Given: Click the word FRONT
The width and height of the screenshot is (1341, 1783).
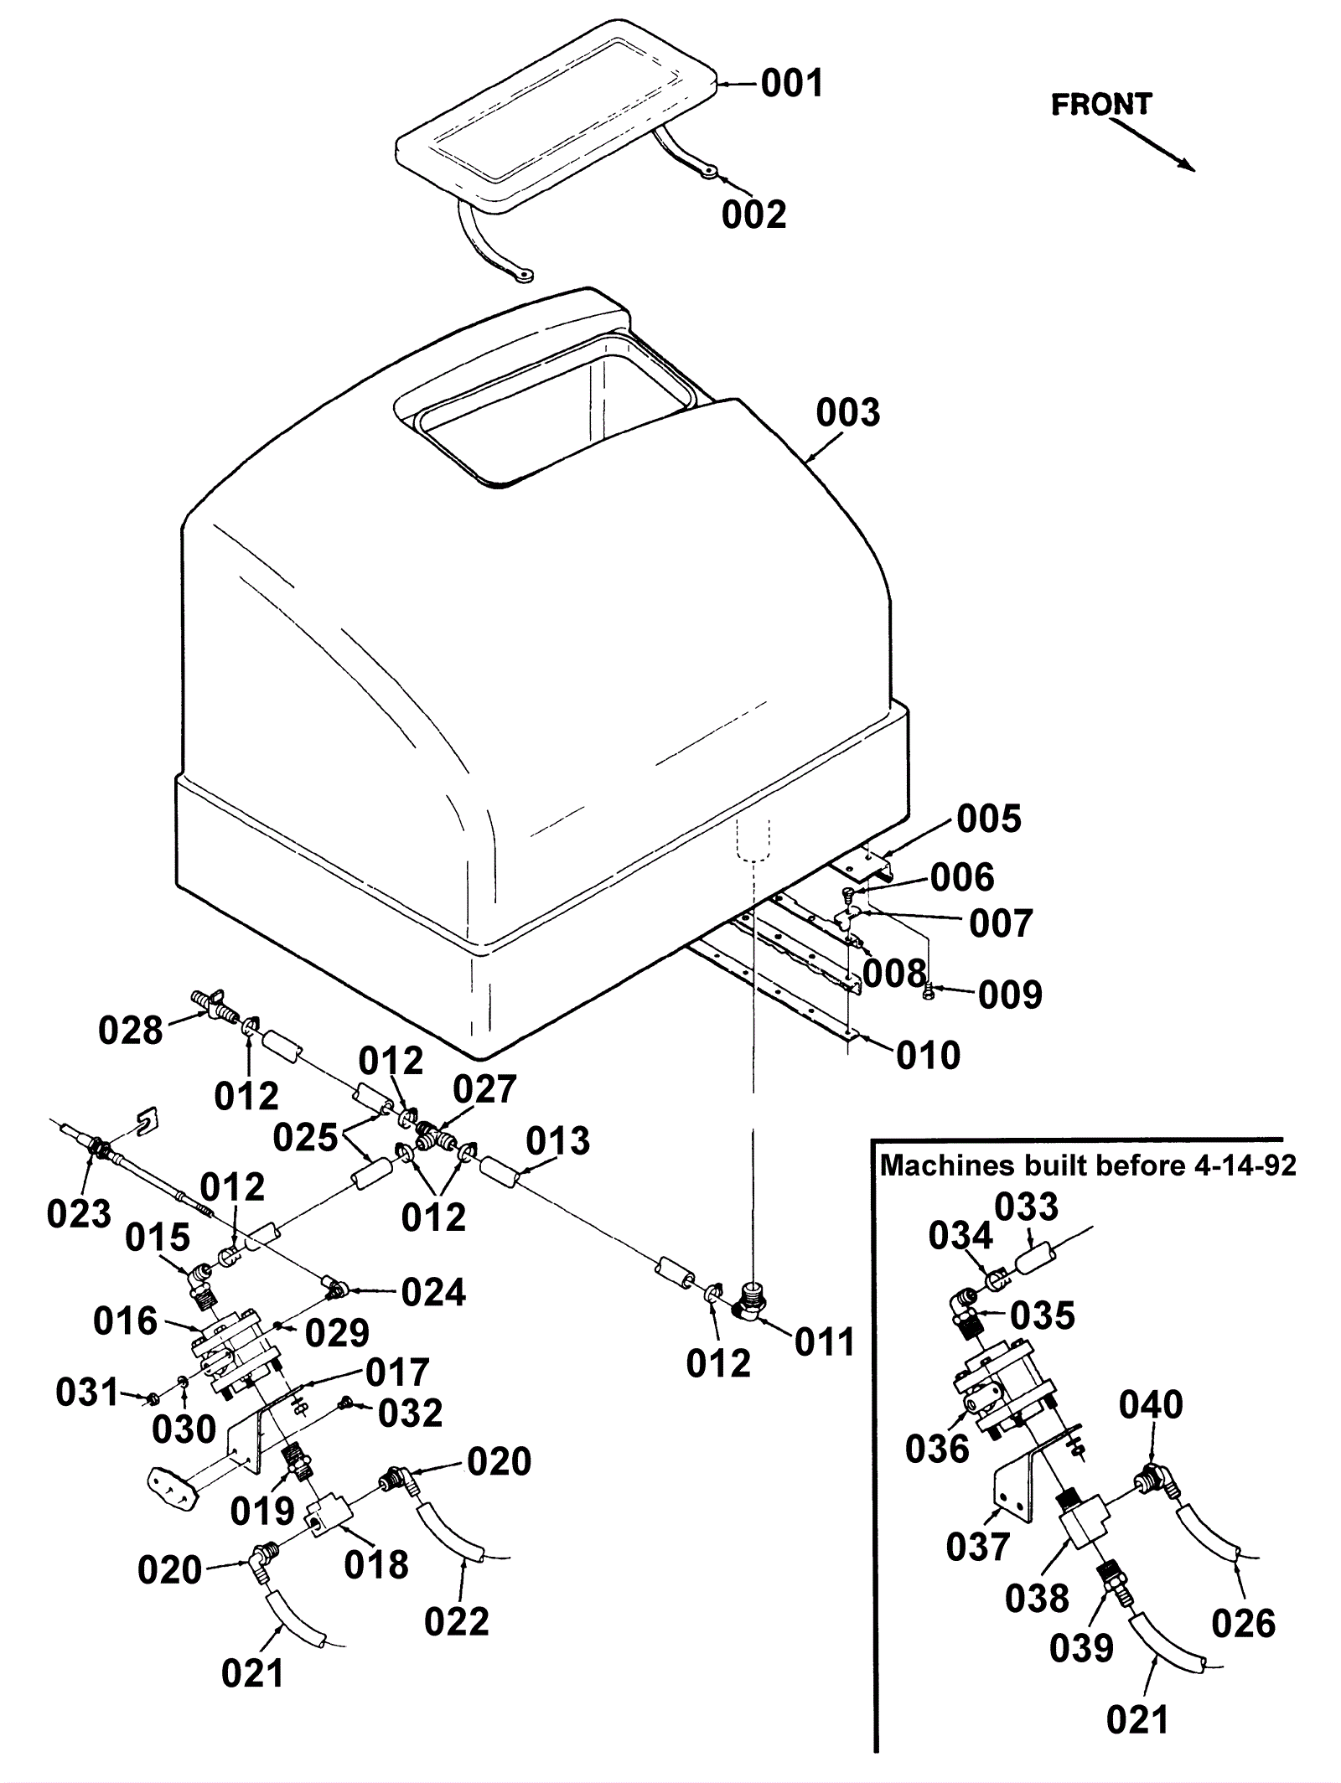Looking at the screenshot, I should pos(1100,105).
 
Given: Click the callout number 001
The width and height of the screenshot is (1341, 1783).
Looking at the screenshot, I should pos(792,84).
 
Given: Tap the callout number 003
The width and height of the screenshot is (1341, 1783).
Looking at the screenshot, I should pos(848,413).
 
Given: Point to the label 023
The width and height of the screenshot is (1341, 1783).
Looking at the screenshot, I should pos(79,1212).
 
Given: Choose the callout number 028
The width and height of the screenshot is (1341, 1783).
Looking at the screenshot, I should pos(130,1030).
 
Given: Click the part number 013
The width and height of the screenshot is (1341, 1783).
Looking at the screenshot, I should pos(558,1140).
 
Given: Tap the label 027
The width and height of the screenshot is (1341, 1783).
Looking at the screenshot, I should pos(484,1089).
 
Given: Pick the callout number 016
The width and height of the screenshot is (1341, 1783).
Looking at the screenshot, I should pos(125,1321).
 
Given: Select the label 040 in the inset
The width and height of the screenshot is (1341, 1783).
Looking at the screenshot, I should pos(1151,1405).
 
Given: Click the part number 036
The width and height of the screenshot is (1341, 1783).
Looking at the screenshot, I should pos(937,1449).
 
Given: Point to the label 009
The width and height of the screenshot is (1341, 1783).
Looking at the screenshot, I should pos(1010,995).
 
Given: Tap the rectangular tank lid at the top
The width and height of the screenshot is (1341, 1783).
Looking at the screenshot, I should pos(553,109).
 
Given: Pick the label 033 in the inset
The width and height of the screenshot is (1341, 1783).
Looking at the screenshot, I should pos(1027,1207).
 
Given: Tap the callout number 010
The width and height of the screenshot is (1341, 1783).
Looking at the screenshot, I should pos(928,1055).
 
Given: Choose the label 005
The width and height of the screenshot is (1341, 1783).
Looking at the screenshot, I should pos(989,819).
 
